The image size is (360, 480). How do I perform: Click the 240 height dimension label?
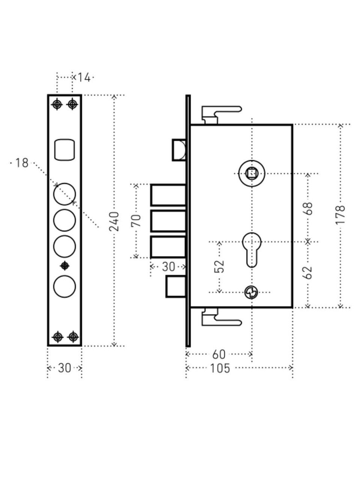coord(115,221)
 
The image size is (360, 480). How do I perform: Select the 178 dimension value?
coord(340,215)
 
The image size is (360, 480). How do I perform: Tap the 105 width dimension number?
coord(220,368)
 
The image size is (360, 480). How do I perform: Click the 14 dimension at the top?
coord(84,78)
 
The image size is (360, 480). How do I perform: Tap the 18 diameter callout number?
coord(22,163)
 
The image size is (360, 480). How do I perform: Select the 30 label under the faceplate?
coord(64,368)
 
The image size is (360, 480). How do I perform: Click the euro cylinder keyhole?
coord(252,249)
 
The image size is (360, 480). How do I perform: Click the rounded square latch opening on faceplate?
coord(65,150)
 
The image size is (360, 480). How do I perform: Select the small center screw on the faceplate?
coord(65,265)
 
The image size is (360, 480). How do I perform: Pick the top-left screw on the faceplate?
coord(57,104)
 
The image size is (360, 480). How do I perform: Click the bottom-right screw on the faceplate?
coord(73,337)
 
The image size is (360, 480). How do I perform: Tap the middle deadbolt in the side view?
coord(168,221)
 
